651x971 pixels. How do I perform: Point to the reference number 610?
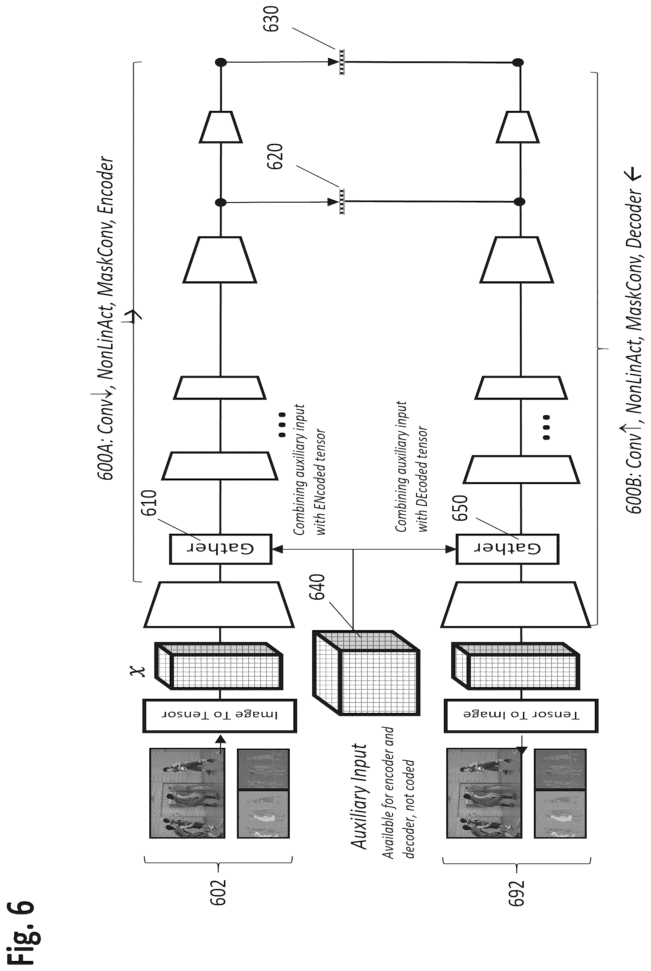(149, 503)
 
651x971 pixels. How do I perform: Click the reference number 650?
(460, 508)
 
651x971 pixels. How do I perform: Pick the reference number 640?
(317, 587)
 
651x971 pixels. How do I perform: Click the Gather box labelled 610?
(220, 549)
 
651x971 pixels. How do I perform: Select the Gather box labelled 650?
(507, 549)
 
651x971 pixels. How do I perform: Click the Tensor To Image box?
(521, 715)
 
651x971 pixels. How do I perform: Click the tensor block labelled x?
(219, 666)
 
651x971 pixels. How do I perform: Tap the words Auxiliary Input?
(359, 796)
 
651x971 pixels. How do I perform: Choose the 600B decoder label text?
(634, 340)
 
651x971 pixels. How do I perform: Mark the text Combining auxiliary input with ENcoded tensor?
(309, 469)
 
